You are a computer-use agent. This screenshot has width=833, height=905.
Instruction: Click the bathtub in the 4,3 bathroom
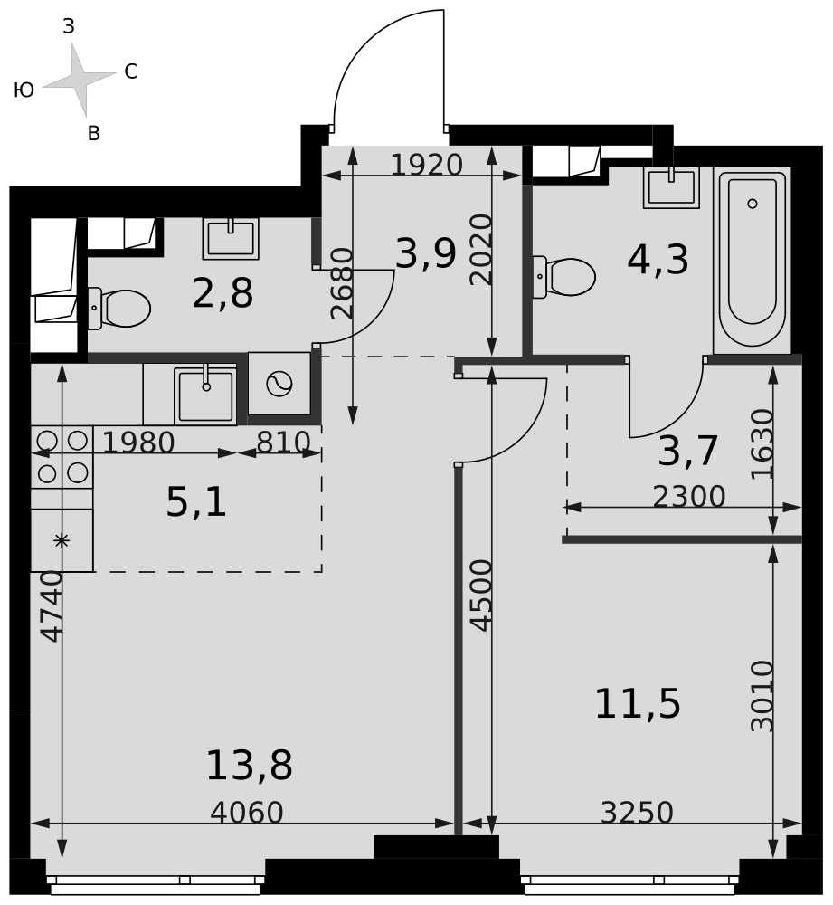click(752, 260)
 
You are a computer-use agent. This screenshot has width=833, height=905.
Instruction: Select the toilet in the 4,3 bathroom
click(563, 277)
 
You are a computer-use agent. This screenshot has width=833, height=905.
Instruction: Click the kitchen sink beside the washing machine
click(205, 395)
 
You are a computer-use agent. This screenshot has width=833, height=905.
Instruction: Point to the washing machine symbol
click(279, 384)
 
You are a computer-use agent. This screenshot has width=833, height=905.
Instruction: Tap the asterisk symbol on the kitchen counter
click(62, 541)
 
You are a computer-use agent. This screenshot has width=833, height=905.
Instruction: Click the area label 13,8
click(250, 766)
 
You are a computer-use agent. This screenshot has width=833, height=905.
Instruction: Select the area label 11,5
click(638, 704)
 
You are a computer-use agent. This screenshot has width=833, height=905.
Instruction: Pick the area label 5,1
click(196, 502)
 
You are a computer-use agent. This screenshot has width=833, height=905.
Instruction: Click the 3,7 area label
click(687, 451)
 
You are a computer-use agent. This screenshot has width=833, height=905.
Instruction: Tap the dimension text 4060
click(246, 813)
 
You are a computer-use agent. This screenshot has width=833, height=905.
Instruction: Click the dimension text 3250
click(637, 813)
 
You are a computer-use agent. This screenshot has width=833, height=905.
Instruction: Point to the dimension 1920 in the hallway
click(426, 165)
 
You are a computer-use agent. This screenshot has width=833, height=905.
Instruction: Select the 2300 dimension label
click(689, 496)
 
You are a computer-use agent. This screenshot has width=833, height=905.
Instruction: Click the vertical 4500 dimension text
click(481, 595)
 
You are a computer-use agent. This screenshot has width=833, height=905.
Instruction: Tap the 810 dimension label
click(283, 443)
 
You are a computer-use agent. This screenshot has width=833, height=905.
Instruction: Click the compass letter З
click(69, 26)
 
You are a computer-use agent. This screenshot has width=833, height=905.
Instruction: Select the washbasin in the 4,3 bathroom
click(671, 187)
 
